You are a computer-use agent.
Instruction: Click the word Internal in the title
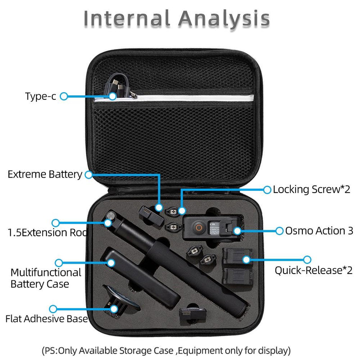click(x=127, y=19)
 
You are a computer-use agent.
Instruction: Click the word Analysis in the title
click(x=224, y=19)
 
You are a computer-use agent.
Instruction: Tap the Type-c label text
click(x=40, y=96)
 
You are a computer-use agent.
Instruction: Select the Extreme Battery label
click(x=45, y=174)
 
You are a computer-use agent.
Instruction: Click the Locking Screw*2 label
click(x=311, y=189)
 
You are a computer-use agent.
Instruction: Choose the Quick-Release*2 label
click(x=314, y=270)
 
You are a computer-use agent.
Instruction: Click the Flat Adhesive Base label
click(x=46, y=319)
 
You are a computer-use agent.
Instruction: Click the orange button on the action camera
click(x=197, y=227)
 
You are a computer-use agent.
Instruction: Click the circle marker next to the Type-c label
click(x=63, y=96)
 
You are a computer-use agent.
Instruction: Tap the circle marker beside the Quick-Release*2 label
click(x=307, y=260)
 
